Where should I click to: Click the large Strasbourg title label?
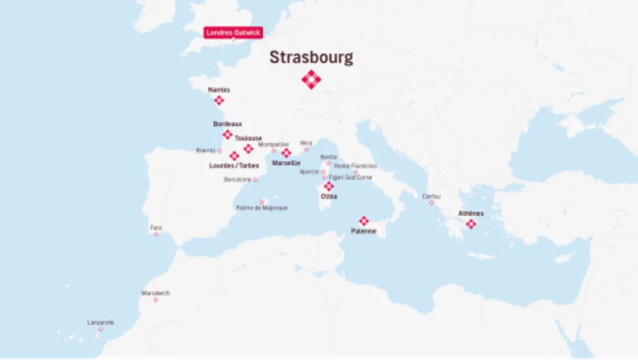311,58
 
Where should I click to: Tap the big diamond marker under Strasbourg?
311,79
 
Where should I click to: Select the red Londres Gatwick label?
233,32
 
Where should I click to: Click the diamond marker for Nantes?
219,100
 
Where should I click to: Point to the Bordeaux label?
227,124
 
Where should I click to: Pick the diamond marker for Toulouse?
248,149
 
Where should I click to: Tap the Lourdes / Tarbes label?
234,166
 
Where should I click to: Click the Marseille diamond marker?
286,153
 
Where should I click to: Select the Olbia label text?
329,197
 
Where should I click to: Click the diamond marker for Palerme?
364,221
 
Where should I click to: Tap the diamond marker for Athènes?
471,224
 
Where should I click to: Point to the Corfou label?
431,197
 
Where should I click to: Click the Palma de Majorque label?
262,208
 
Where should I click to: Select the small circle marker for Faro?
156,234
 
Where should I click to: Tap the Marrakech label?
155,293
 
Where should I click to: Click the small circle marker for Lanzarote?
100,329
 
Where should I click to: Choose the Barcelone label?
237,180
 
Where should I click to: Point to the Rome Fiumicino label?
356,166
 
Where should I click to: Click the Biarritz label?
205,151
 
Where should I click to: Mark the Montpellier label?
273,144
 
